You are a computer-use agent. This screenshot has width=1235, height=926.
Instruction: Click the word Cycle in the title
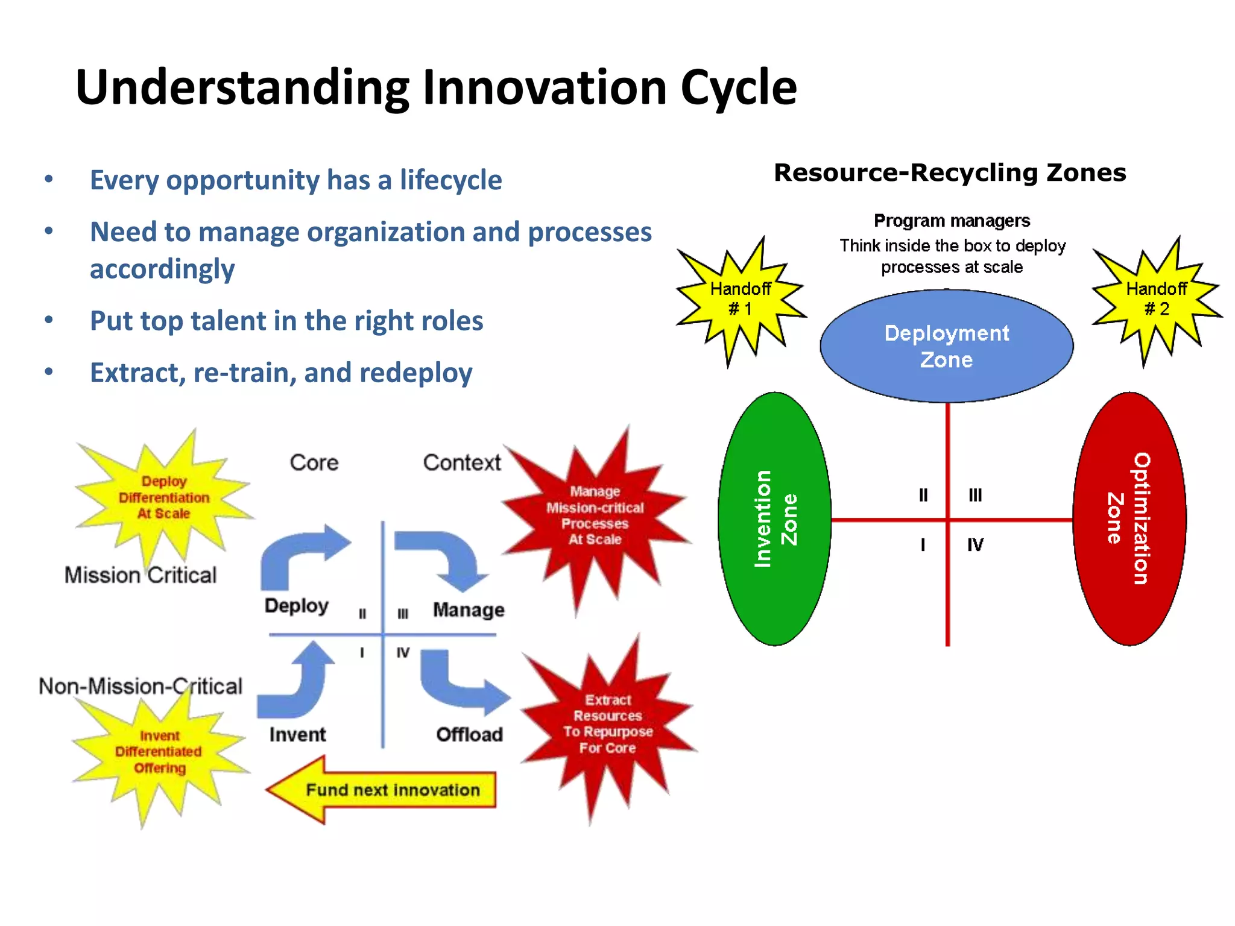point(738,88)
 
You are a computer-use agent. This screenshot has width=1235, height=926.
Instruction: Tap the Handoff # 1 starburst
point(741,300)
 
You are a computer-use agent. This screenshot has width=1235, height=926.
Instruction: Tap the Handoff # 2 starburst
point(1156,300)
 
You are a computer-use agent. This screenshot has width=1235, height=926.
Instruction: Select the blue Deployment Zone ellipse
point(946,346)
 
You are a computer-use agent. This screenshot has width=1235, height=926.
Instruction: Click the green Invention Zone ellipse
point(775,519)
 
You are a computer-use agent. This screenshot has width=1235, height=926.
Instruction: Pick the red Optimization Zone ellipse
point(1129,519)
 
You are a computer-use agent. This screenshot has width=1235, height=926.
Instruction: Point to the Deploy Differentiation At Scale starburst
point(163,498)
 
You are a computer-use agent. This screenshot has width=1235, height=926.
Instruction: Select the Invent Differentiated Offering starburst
point(159,752)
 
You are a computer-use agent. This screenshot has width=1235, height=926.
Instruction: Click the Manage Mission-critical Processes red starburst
point(595,516)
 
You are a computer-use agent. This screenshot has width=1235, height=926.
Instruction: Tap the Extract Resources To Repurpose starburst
point(607,724)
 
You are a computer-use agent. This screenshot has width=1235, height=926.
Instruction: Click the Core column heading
point(314,463)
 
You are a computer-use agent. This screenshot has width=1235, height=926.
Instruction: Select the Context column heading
point(461,463)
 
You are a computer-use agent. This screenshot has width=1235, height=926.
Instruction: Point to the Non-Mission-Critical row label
point(140,686)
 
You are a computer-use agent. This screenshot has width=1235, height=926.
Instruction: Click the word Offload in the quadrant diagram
point(469,734)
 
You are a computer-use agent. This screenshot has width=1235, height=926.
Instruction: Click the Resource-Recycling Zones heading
point(949,173)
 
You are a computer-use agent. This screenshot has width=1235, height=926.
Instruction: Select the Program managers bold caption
point(952,221)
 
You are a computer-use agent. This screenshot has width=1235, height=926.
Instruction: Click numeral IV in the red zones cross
point(974,545)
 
